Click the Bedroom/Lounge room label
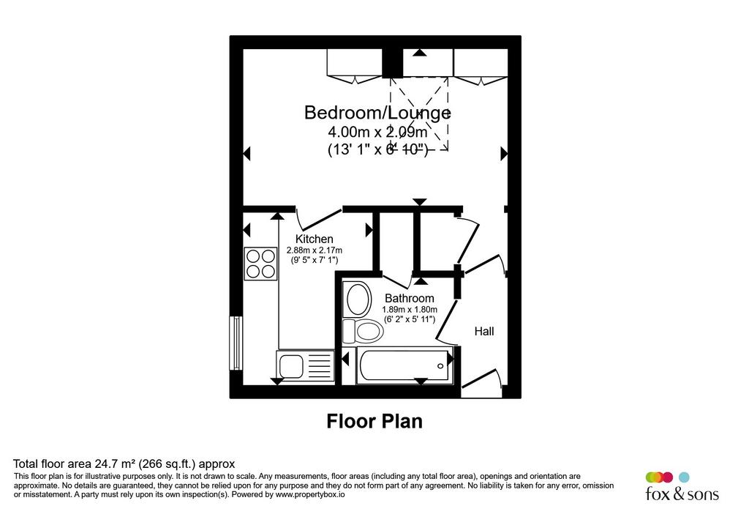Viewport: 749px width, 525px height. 377,113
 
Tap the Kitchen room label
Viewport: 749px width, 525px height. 314,239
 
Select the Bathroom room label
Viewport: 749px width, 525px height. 410,298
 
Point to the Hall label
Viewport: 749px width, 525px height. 484,331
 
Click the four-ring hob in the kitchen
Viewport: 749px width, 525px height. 261,264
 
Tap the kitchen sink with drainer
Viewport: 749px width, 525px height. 305,365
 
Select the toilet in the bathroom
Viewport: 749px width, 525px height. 363,331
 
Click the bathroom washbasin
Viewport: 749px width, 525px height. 358,299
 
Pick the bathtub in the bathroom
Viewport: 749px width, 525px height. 404,365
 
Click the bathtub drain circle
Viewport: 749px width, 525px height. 440,366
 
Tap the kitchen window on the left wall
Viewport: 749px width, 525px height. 236,343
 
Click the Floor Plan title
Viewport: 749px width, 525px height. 374,421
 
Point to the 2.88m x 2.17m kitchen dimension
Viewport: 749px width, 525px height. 315,250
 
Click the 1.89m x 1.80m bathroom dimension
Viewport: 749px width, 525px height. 410,309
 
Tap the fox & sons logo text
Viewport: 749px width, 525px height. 682,493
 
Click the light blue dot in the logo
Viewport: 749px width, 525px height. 685,477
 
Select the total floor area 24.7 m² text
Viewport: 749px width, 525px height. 124,463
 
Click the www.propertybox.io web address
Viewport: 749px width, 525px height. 310,495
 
